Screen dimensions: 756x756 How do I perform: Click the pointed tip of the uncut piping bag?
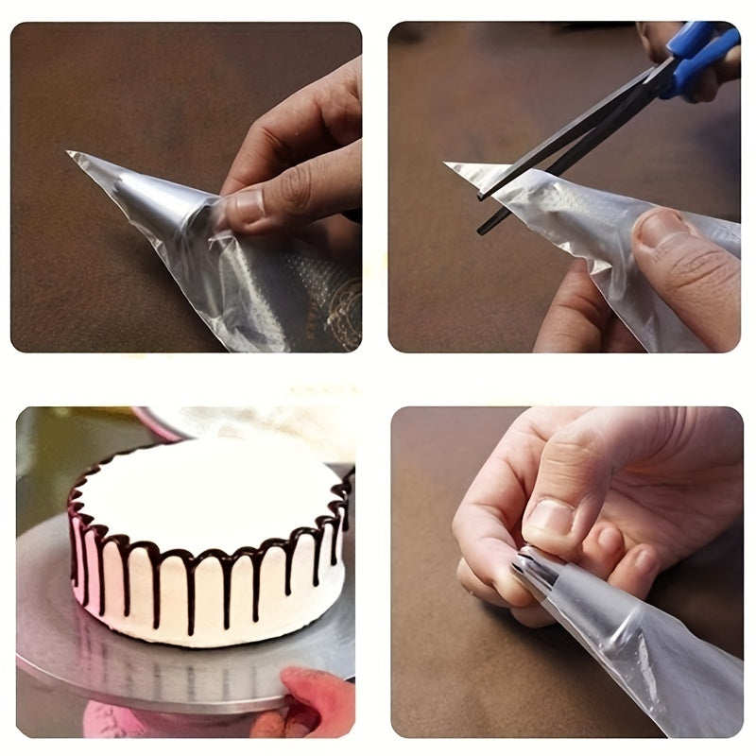72,154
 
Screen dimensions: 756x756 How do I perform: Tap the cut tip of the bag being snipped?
452,167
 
